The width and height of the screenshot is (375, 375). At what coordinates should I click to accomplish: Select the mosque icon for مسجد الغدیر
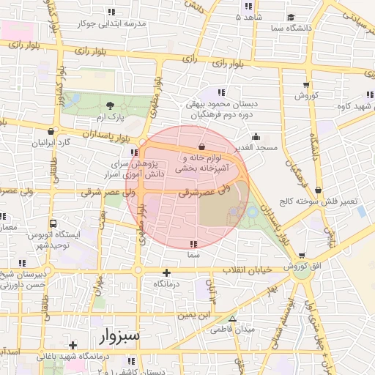pyautogui.click(x=256, y=136)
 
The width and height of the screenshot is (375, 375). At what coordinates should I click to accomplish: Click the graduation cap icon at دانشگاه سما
pyautogui.click(x=291, y=17)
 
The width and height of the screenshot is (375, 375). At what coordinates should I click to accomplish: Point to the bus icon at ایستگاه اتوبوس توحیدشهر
pyautogui.click(x=53, y=223)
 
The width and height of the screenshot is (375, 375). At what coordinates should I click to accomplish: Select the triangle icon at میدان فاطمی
pyautogui.click(x=233, y=319)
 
